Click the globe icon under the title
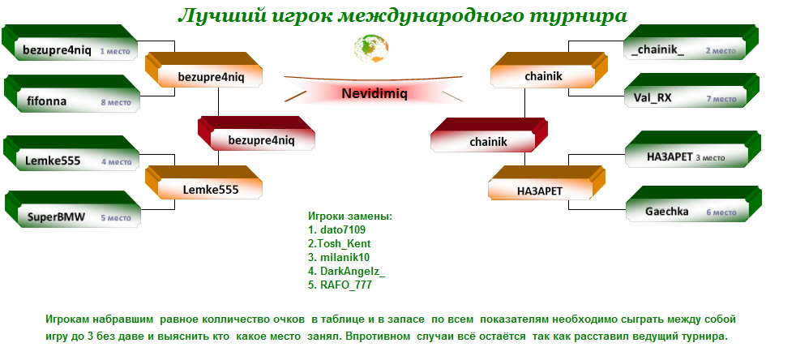tap(371, 48)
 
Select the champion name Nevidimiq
tap(374, 93)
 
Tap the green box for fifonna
tap(72, 93)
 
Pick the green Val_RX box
tap(691, 90)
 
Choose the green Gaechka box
tap(693, 204)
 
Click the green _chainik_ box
tap(691, 42)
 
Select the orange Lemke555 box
tap(203, 182)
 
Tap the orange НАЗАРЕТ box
tap(546, 182)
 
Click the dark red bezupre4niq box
tap(256, 134)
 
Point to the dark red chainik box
tap(489, 135)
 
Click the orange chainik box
tap(549, 70)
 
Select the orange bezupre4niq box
tap(203, 70)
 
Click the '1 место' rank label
tap(115, 51)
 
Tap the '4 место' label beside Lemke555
tap(116, 162)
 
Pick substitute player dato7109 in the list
tap(336, 229)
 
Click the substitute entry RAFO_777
tap(340, 285)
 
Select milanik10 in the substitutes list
tap(339, 257)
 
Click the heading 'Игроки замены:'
tap(350, 216)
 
